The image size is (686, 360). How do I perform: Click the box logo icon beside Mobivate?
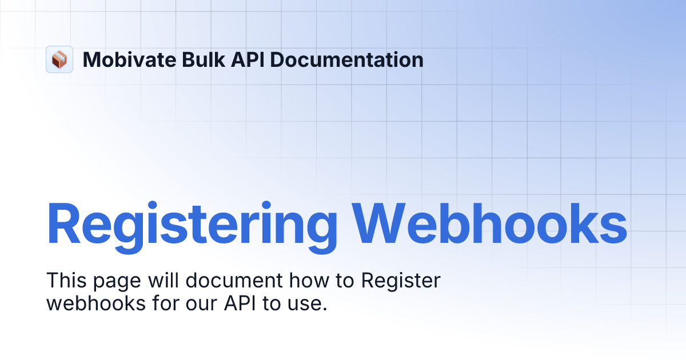coord(59,59)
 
